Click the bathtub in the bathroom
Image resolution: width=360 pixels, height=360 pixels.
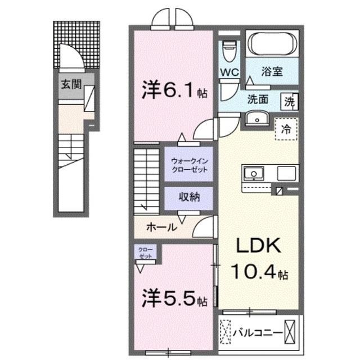(272, 44)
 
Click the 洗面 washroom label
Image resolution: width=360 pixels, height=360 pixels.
(258, 100)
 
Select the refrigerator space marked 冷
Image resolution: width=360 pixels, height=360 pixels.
(286, 129)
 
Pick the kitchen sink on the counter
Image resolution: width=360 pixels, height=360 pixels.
(254, 172)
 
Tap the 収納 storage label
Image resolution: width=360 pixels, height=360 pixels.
(188, 197)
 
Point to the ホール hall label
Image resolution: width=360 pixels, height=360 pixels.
(161, 227)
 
